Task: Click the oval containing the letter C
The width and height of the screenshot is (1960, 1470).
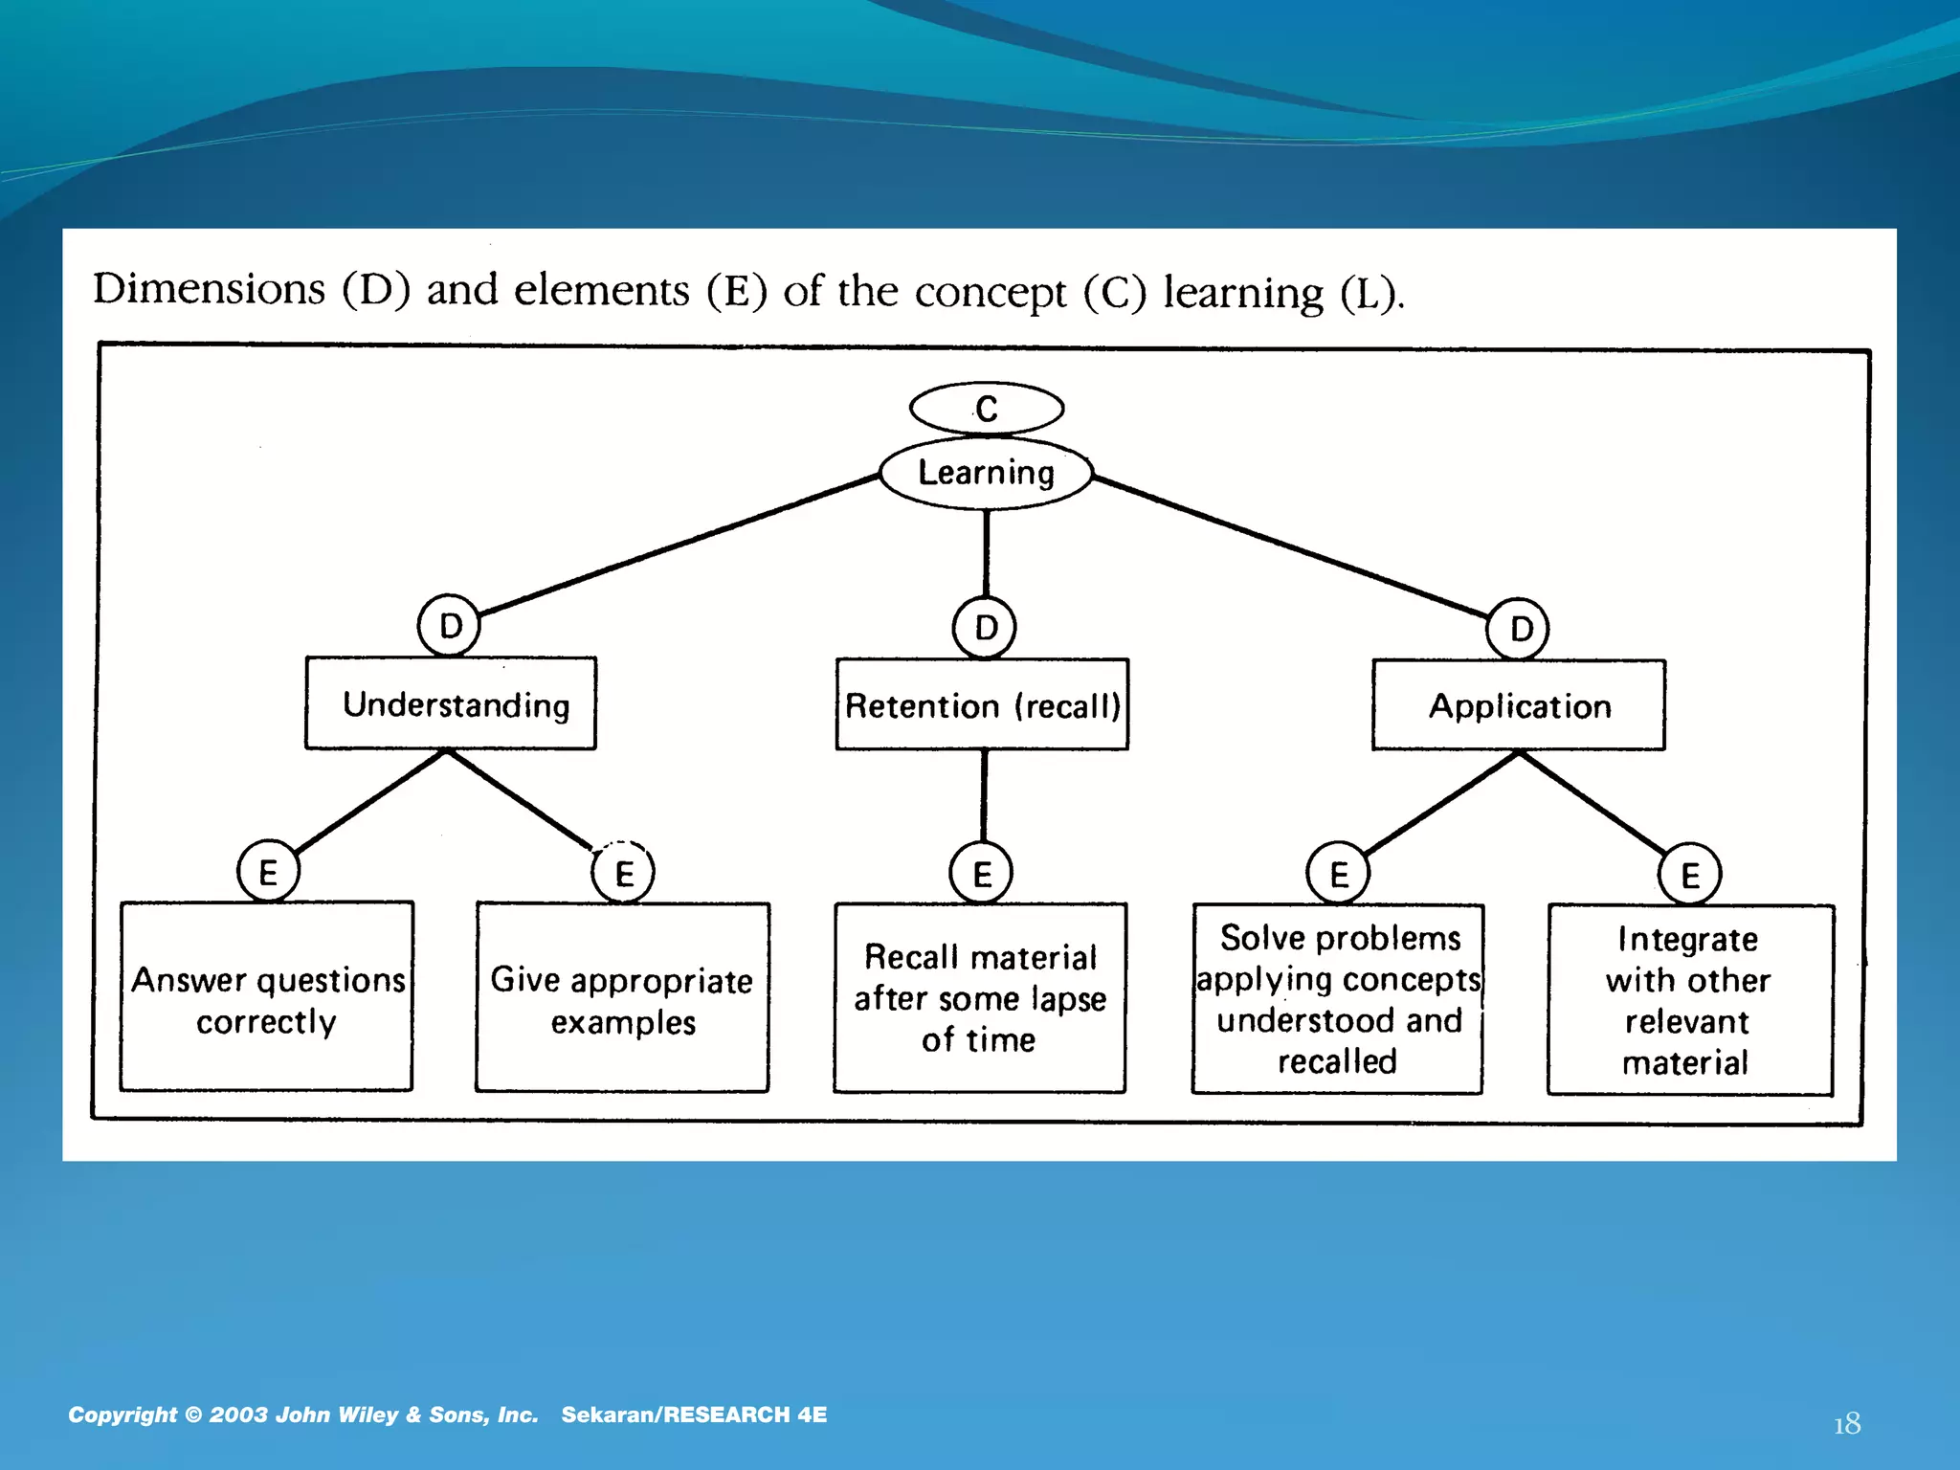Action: (986, 409)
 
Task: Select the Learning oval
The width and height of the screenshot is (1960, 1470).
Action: (986, 473)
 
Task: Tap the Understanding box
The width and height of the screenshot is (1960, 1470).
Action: (451, 703)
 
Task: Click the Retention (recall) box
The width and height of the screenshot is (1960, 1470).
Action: (982, 704)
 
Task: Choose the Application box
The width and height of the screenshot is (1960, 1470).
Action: (1519, 705)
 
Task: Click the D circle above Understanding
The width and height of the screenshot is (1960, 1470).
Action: (449, 626)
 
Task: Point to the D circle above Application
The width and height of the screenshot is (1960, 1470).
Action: (1518, 629)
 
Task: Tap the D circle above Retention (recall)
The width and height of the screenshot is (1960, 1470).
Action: (984, 628)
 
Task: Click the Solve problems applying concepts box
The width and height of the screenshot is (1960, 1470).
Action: (1337, 999)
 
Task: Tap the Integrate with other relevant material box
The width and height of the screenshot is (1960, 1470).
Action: (1690, 1000)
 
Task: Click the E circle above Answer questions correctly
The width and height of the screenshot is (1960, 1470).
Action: (268, 872)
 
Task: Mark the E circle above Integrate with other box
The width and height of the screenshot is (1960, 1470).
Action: (1689, 874)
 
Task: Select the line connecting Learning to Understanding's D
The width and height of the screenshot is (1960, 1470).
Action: (679, 543)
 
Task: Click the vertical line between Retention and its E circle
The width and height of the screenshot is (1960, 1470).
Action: (983, 794)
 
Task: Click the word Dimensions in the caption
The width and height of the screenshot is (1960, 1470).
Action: (210, 289)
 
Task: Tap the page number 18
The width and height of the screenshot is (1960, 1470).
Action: (1846, 1424)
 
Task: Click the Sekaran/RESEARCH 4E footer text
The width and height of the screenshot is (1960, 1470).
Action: (694, 1414)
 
